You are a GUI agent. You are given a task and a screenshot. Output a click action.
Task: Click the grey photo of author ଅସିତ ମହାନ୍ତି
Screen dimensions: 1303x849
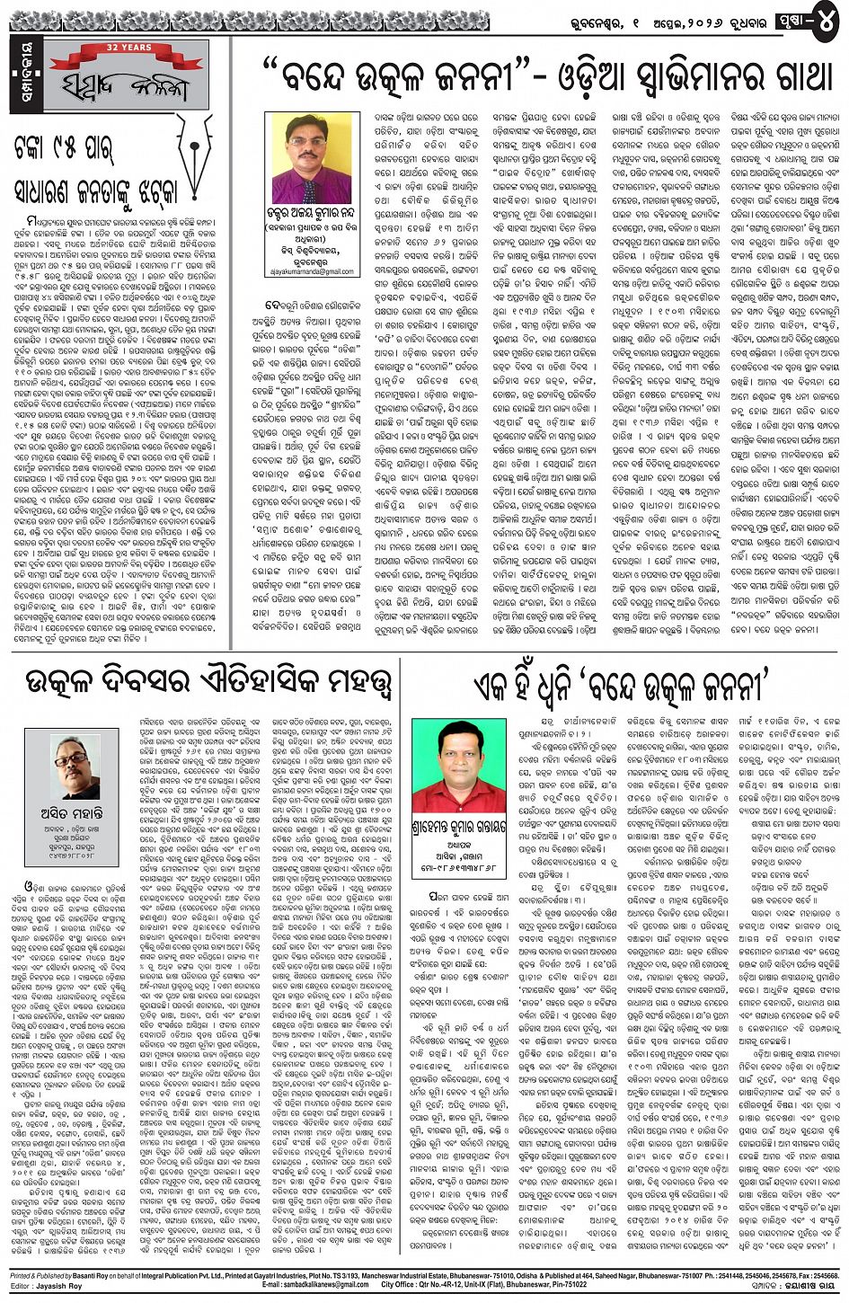[x=74, y=767]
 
